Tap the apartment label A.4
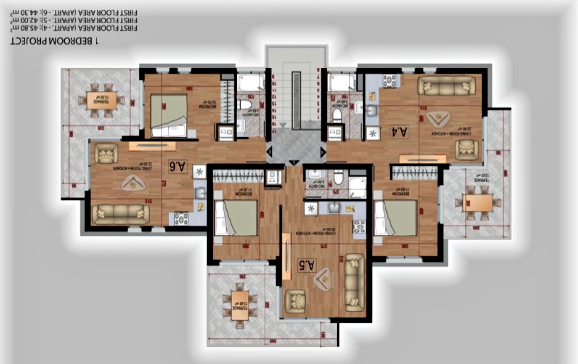pos(399,131)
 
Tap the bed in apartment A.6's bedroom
pos(169,115)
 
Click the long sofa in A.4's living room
pos(446,86)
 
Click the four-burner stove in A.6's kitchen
pos(181,218)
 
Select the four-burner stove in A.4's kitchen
pos(389,81)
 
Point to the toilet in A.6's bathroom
pos(244,105)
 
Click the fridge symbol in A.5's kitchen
pos(310,208)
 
